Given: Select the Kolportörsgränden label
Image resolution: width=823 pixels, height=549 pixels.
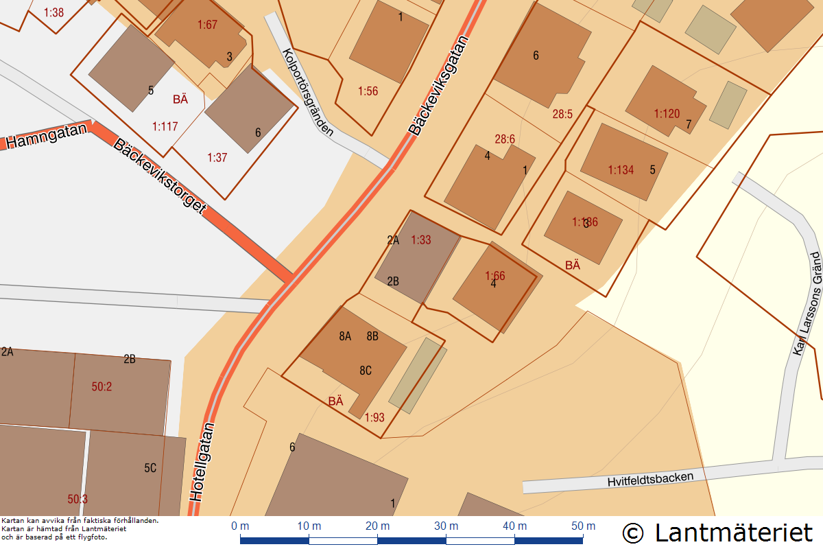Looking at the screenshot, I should point(308,92).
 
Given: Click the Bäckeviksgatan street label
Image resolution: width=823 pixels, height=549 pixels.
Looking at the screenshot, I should point(439,85).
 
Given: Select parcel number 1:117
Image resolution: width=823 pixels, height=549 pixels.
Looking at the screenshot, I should point(165,126).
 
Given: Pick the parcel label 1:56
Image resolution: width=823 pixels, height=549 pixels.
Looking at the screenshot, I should point(368,91).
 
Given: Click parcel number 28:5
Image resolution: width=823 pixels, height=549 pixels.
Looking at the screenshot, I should point(562,114).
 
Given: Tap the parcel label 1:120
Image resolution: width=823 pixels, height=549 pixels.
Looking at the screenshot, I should point(666,113).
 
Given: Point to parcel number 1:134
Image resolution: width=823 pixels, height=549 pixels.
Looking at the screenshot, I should point(621,170).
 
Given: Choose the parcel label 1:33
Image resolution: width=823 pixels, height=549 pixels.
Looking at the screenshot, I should point(421,240).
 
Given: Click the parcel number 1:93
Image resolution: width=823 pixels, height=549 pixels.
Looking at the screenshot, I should point(374,417).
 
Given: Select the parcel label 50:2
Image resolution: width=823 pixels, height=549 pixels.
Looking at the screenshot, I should point(102,386).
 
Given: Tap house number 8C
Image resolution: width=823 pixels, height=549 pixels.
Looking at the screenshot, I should point(366,371).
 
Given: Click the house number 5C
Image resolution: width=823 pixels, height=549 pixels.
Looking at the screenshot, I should point(150,468).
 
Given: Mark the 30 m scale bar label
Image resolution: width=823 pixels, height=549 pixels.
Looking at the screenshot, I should point(446,526).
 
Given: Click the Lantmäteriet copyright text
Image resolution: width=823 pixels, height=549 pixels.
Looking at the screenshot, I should point(717,532).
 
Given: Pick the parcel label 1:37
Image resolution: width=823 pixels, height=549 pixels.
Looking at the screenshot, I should point(217,157).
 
